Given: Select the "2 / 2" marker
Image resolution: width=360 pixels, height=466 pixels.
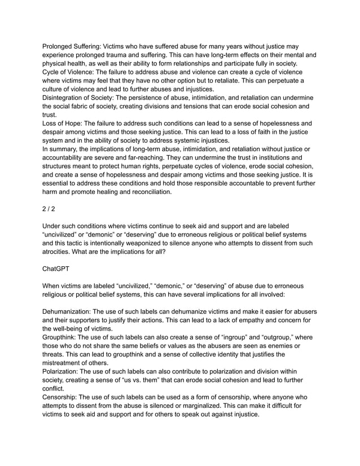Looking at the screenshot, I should [50, 208].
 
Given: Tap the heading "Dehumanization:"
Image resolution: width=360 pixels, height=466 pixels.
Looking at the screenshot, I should [67, 311].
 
